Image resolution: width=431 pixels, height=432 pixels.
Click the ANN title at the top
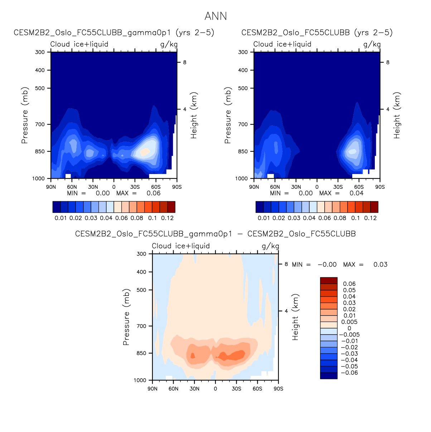pyautogui.click(x=215, y=16)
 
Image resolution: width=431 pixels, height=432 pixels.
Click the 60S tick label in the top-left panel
pyautogui.click(x=156, y=187)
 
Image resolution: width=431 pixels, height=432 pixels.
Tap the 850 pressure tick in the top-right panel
pyautogui.click(x=243, y=152)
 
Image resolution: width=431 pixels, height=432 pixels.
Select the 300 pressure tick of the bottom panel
pyautogui.click(x=141, y=254)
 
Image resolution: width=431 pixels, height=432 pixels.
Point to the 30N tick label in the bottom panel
pyautogui.click(x=194, y=389)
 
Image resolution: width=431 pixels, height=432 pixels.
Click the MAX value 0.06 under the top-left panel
pyautogui.click(x=154, y=193)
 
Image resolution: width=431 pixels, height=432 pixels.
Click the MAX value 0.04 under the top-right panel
pyautogui.click(x=357, y=193)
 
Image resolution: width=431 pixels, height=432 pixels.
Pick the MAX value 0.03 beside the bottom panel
pyautogui.click(x=380, y=264)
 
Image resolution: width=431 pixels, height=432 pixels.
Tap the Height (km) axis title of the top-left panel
pyautogui.click(x=194, y=116)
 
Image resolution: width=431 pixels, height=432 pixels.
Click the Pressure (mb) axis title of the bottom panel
pyautogui.click(x=126, y=317)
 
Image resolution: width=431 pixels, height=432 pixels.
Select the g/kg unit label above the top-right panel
pyautogui.click(x=372, y=44)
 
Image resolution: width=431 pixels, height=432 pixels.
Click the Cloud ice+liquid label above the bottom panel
pyautogui.click(x=181, y=246)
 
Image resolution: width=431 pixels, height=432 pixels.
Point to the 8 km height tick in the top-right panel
pyautogui.click(x=388, y=62)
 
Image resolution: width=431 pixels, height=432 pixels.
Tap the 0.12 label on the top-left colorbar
pyautogui.click(x=167, y=218)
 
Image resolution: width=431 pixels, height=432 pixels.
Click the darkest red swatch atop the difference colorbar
pyautogui.click(x=329, y=280)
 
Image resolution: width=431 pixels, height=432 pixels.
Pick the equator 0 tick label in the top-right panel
pyautogui.click(x=317, y=187)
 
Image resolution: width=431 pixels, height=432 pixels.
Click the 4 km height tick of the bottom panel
pyautogui.click(x=286, y=311)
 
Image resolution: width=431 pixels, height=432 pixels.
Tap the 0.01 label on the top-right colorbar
pyautogui.click(x=264, y=218)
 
